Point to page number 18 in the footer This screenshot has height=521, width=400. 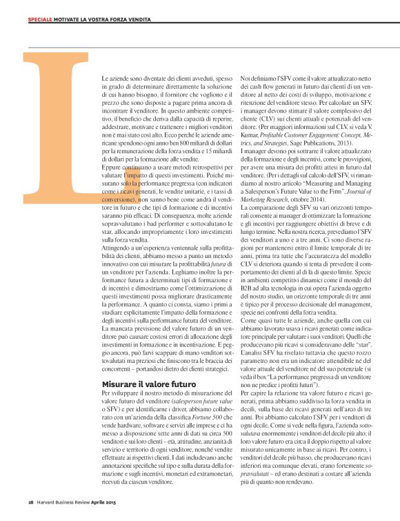tap(31, 502)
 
